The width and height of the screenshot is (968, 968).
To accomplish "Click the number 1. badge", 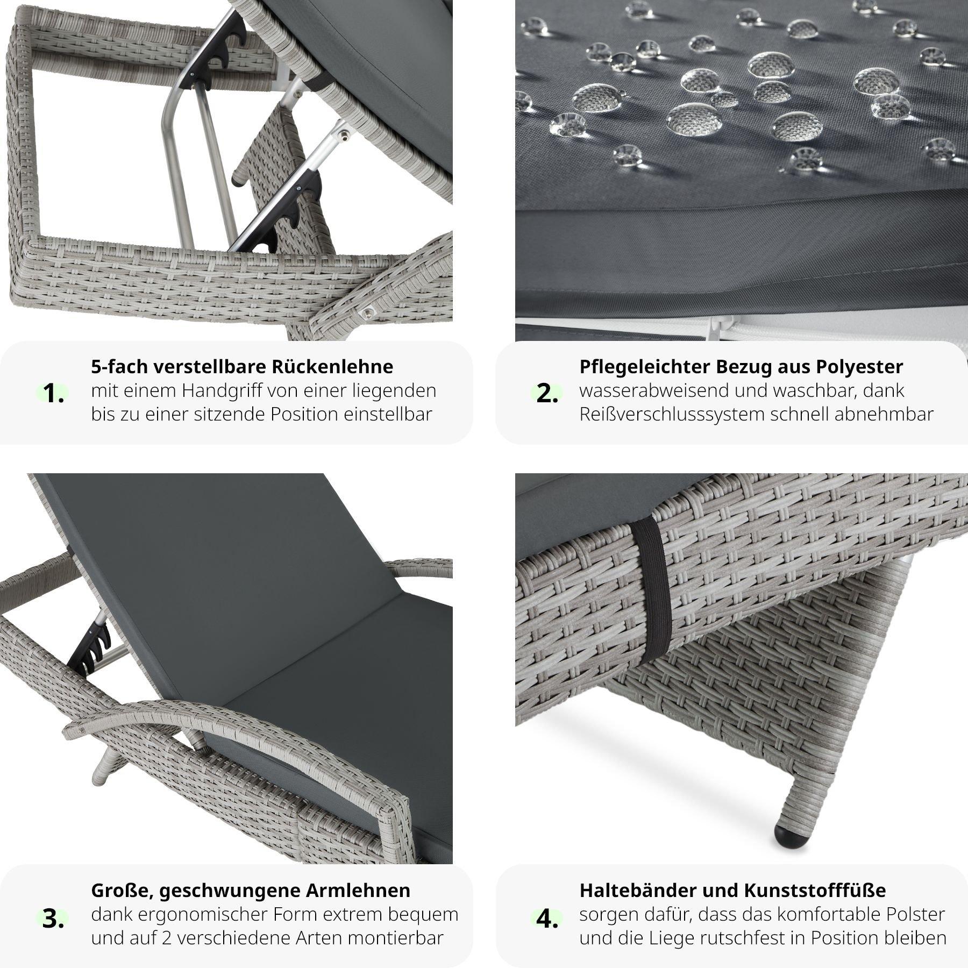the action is point(53,394).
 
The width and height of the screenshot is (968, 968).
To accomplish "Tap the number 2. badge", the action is point(547,394).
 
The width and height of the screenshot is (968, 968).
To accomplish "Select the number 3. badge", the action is point(53,919).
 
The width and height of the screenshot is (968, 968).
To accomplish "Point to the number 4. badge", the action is point(547,919).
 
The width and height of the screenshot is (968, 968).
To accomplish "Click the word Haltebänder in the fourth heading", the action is point(637,890).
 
